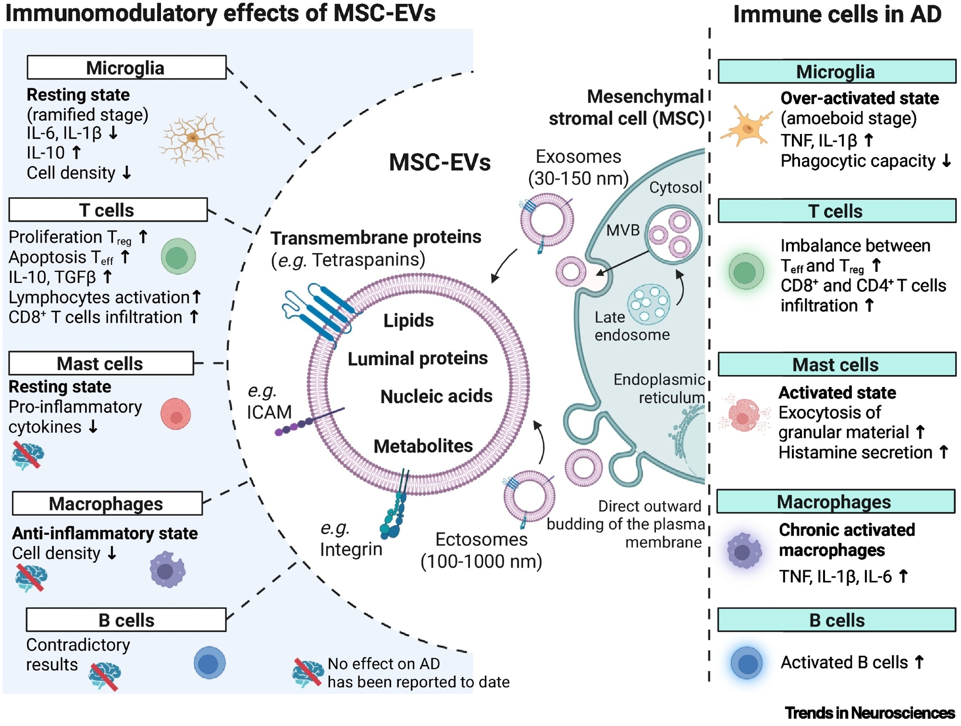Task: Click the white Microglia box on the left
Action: pos(126,68)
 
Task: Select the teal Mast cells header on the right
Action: pos(836,365)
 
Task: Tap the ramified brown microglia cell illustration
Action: pos(193,138)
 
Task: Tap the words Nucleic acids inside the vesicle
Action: pos(436,397)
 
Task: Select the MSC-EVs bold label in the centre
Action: pos(440,162)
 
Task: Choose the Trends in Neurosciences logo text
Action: pos(870,713)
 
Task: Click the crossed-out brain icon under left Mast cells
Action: pos(27,455)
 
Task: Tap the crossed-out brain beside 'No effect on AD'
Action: pos(308,672)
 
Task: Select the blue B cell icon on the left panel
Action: pos(209,663)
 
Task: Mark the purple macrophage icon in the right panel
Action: pos(744,551)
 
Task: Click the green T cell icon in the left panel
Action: pos(178,257)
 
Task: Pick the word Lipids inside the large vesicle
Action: pos(408,321)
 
